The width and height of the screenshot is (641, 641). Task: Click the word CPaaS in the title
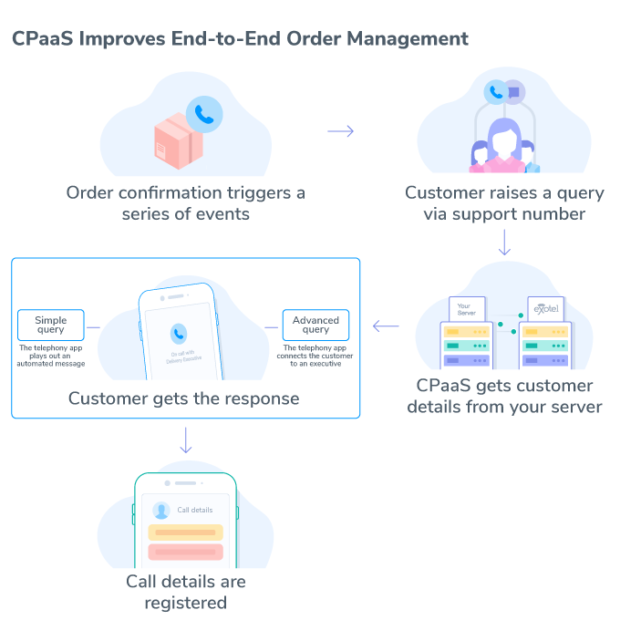tap(42, 39)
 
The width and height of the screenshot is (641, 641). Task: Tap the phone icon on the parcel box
tap(204, 115)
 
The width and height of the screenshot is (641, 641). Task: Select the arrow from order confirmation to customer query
tap(340, 131)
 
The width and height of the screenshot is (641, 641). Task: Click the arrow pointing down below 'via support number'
tap(504, 243)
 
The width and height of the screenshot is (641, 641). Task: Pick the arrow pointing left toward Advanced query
tap(386, 326)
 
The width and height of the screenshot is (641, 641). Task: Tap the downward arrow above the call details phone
tap(186, 439)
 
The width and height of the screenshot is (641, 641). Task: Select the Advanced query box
tap(315, 326)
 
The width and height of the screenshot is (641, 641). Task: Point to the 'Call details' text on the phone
tap(194, 511)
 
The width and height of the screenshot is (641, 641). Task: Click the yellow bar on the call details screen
tap(186, 532)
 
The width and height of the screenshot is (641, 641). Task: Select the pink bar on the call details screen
tap(186, 553)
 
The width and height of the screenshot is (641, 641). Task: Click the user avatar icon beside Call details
tap(161, 511)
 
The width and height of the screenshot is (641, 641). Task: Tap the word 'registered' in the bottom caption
tap(186, 603)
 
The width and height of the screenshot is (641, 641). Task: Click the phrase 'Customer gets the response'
tap(183, 398)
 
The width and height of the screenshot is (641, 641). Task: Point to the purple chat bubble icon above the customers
tap(514, 90)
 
